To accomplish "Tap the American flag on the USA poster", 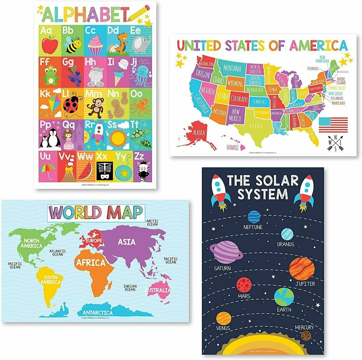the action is coord(333,125).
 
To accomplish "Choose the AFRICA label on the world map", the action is coord(91,263).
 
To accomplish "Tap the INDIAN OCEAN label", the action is coord(130,288).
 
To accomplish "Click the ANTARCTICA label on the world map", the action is coord(97,313).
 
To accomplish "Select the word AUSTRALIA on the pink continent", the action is coord(158,290).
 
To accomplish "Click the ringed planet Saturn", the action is coord(226,253).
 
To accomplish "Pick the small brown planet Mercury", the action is coord(306,335).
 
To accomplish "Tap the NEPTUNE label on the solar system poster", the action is coord(253,227).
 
